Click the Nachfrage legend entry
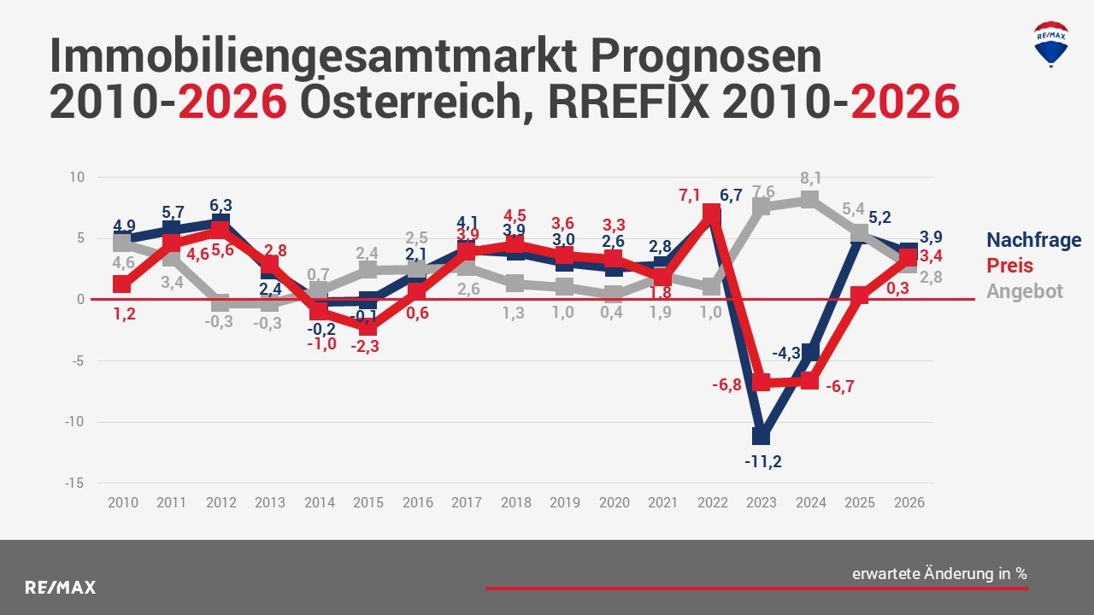[x=1033, y=240]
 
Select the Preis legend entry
[x=1009, y=266]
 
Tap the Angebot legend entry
[x=1025, y=291]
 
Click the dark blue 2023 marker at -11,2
[x=761, y=436]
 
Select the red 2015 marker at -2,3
[x=368, y=328]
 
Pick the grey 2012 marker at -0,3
[x=221, y=303]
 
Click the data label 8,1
[x=811, y=178]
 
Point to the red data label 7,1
[x=689, y=196]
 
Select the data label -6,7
[x=839, y=387]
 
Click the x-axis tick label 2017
[x=467, y=502]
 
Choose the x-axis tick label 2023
[x=762, y=502]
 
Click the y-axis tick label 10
[x=78, y=178]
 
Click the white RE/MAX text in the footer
[x=60, y=588]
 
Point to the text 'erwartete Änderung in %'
[x=939, y=574]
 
